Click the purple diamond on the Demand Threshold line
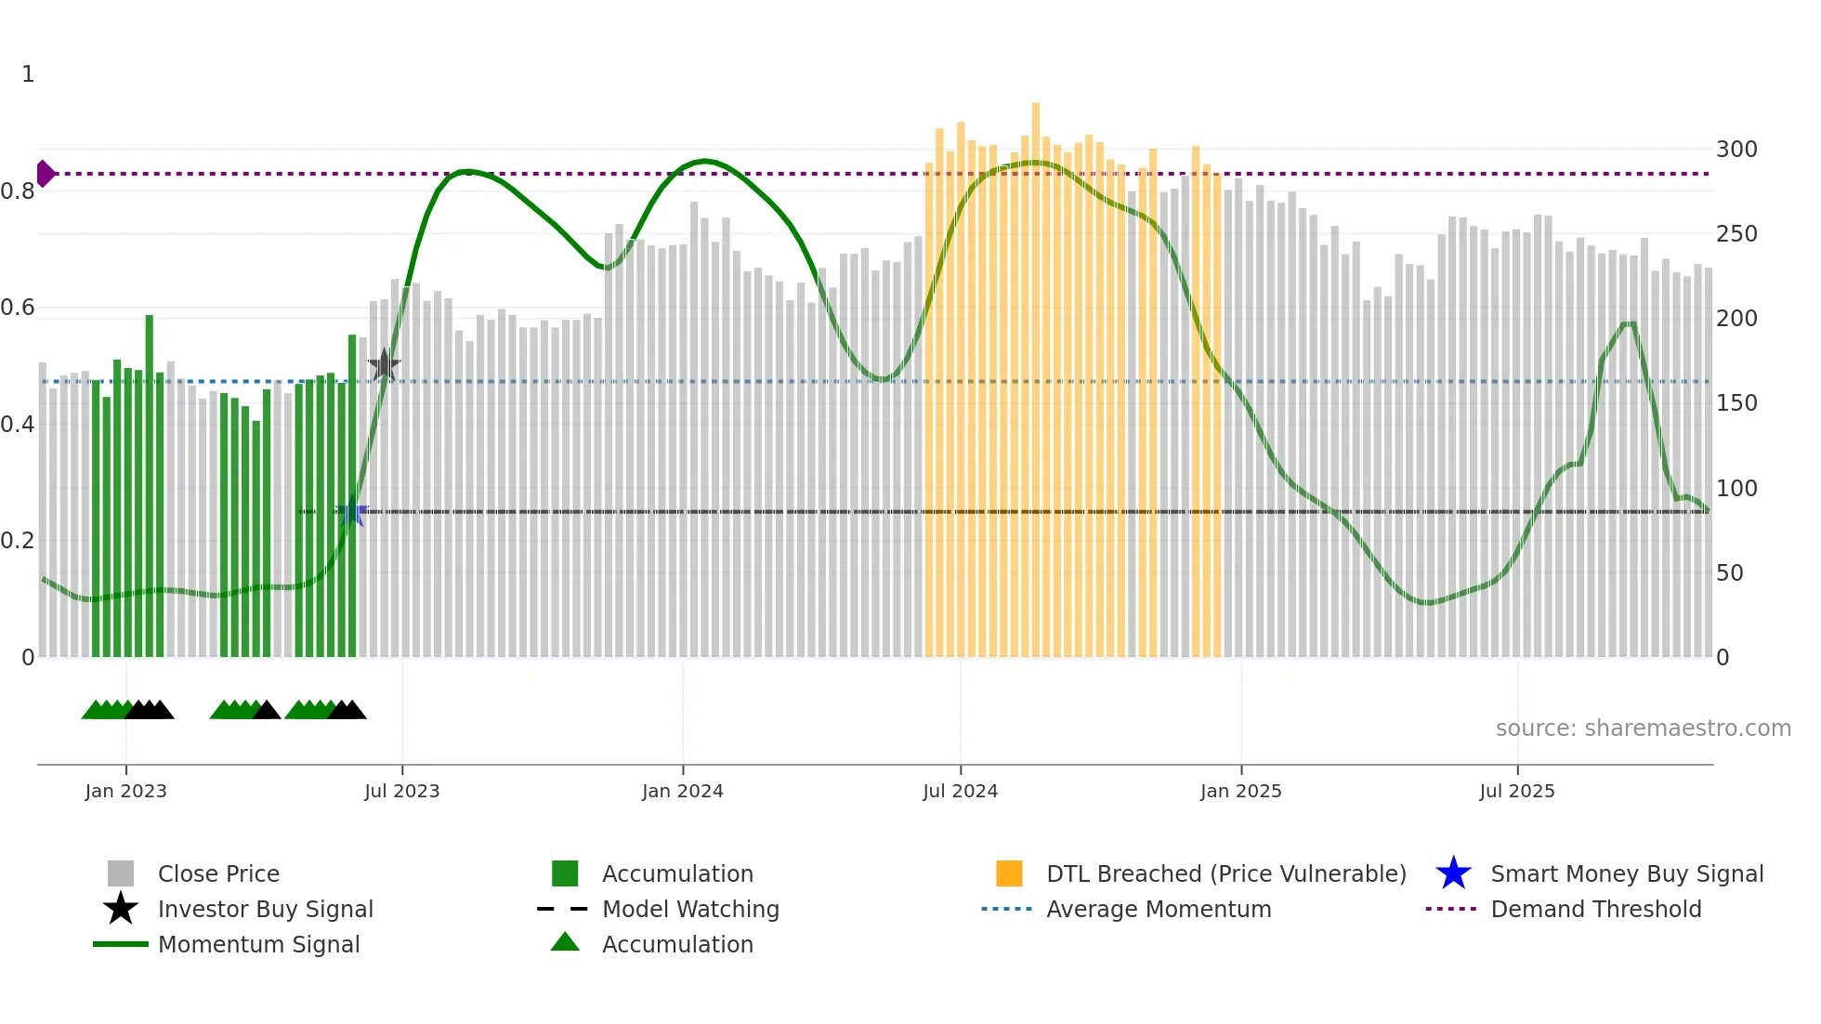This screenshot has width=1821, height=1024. point(45,174)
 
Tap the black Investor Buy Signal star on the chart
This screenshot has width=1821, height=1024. point(384,365)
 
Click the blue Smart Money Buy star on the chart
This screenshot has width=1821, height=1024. point(351,513)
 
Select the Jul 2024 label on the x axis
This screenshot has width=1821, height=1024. point(960,791)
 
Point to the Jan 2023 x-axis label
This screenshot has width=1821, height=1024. point(125,791)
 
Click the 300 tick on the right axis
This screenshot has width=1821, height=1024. point(1736,150)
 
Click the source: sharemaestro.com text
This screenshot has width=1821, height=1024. point(1643,729)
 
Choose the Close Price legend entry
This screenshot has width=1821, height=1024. point(218,873)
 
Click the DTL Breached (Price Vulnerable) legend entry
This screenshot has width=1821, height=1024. point(1225,873)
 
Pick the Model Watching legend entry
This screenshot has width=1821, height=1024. point(690,909)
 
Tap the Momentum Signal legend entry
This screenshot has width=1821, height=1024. point(258,944)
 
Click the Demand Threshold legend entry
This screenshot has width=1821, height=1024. point(1595,909)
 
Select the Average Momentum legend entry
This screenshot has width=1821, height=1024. point(1158,909)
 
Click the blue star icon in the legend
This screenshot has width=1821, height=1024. point(1453,873)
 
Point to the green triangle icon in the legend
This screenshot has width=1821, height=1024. point(565,942)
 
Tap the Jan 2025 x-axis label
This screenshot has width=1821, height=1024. point(1240,791)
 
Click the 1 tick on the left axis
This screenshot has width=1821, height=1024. point(28,74)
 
